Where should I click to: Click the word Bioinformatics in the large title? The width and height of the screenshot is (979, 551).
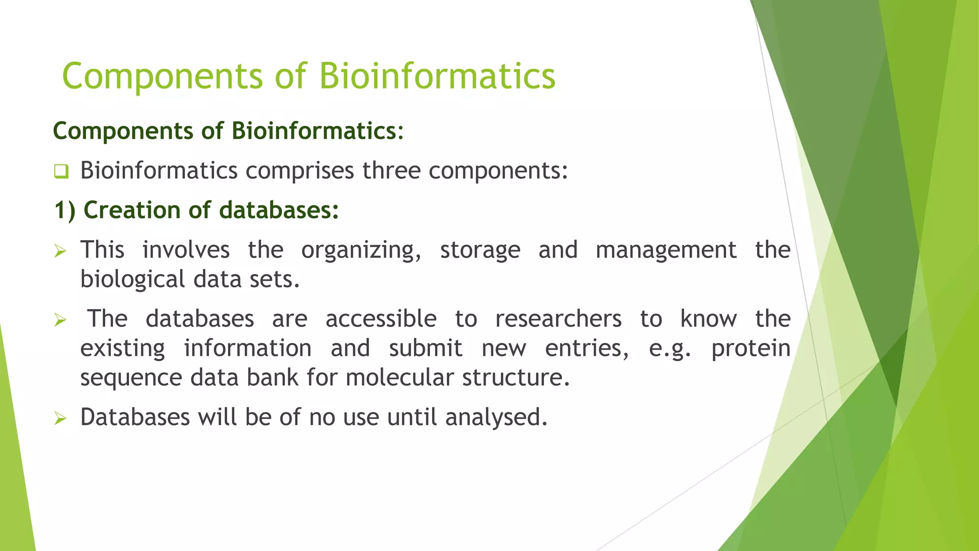click(437, 77)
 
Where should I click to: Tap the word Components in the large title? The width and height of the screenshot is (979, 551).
click(162, 77)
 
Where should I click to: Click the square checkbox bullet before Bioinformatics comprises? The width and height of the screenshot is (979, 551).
click(61, 171)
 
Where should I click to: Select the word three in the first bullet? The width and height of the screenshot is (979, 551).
click(391, 171)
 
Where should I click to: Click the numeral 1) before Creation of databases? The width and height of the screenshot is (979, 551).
click(65, 210)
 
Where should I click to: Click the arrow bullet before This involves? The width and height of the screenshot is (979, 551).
click(60, 251)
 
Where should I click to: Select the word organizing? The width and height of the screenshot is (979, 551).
click(361, 251)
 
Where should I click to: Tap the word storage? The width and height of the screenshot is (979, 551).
click(480, 251)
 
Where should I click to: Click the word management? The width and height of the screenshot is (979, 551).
click(666, 250)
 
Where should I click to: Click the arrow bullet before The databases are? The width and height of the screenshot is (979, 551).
click(60, 320)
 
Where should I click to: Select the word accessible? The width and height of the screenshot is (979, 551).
click(381, 319)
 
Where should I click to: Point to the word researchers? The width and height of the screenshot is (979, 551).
click(558, 319)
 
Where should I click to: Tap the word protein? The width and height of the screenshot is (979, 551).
click(751, 349)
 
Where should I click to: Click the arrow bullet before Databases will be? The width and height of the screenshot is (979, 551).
click(60, 418)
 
